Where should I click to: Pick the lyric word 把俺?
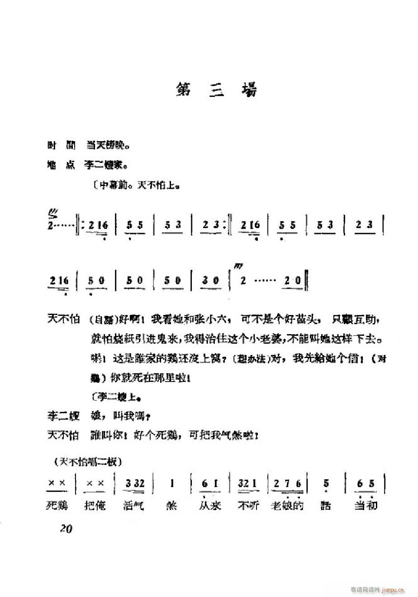coord(95,505)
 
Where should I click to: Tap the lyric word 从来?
coord(210,505)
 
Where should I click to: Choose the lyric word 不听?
coord(248,505)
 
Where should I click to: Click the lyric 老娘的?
coord(287,505)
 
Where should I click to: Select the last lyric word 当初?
coord(366,505)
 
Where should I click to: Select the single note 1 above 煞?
coord(172,484)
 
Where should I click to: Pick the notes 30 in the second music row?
coord(211,281)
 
